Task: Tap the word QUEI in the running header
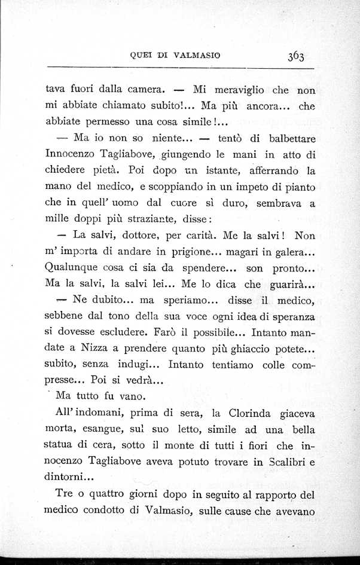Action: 141,56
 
